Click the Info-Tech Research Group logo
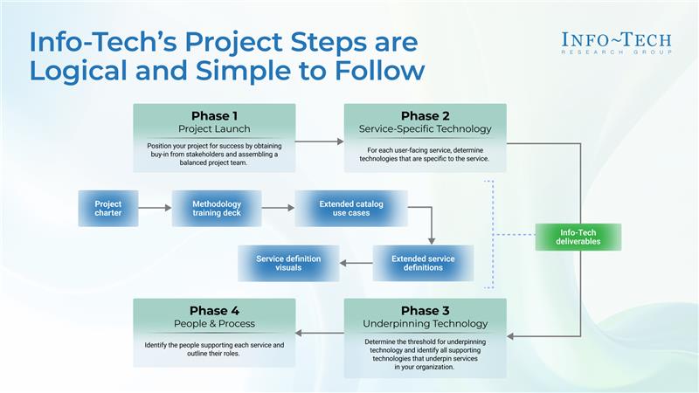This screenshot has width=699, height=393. [x=617, y=43]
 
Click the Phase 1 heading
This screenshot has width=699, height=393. [x=214, y=116]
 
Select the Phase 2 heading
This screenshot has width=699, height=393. [x=426, y=116]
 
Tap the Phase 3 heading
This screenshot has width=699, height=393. [x=426, y=311]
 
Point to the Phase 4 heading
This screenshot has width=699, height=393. [x=214, y=311]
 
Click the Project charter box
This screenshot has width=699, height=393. [x=108, y=209]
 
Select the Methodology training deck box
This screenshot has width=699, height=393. [x=217, y=209]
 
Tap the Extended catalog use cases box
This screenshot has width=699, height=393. [x=351, y=209]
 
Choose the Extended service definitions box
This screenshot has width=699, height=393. [x=423, y=264]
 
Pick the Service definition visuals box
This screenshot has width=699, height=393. [x=288, y=264]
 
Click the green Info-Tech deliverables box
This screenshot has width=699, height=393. [x=578, y=237]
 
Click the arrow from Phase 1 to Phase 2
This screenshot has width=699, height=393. [x=320, y=141]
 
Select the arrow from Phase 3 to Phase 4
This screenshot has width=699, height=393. [x=320, y=333]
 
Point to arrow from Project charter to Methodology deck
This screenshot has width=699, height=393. [x=156, y=208]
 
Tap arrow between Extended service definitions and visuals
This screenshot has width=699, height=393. [x=356, y=264]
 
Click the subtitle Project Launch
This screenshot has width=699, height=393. [x=214, y=128]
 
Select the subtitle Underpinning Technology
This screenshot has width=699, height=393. [x=426, y=324]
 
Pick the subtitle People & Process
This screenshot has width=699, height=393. [x=214, y=324]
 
